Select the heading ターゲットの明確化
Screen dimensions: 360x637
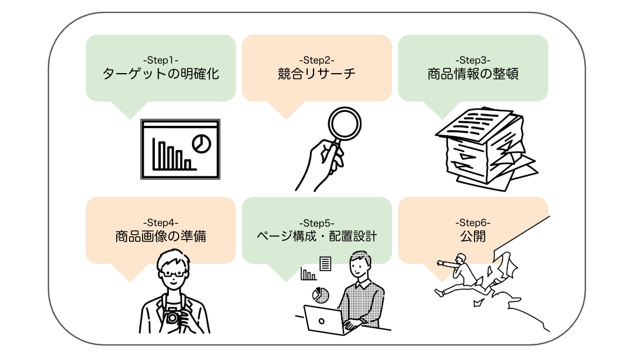click(x=161, y=74)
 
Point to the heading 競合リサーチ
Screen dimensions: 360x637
click(x=317, y=74)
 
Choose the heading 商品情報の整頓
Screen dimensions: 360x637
click(x=473, y=74)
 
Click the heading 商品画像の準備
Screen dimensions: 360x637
click(x=161, y=236)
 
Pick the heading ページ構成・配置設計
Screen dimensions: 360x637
click(x=317, y=236)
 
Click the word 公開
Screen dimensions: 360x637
click(x=473, y=236)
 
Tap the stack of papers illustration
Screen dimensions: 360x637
click(x=482, y=145)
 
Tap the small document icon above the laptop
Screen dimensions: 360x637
click(x=324, y=264)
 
